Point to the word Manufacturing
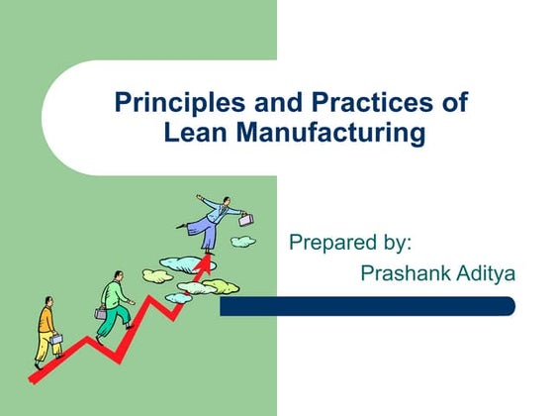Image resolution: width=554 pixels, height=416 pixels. click(332, 132)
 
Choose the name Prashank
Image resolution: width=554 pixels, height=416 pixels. click(406, 272)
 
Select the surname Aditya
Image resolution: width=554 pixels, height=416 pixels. click(484, 272)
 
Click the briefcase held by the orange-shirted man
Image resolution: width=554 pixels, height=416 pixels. click(58, 340)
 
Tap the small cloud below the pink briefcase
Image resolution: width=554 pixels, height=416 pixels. click(242, 241)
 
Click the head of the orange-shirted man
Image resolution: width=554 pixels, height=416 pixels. click(46, 303)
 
